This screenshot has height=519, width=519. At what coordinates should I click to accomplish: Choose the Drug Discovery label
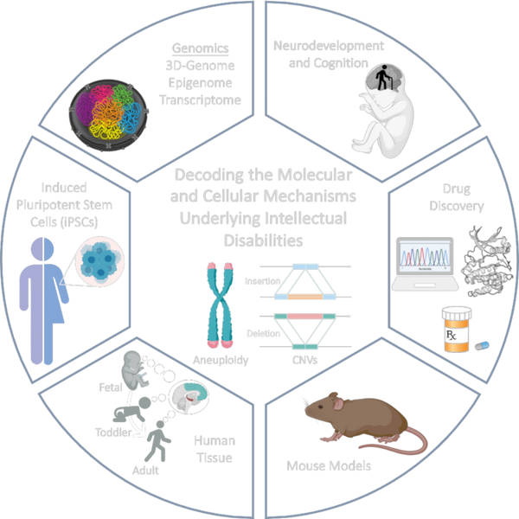tap(449, 196)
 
